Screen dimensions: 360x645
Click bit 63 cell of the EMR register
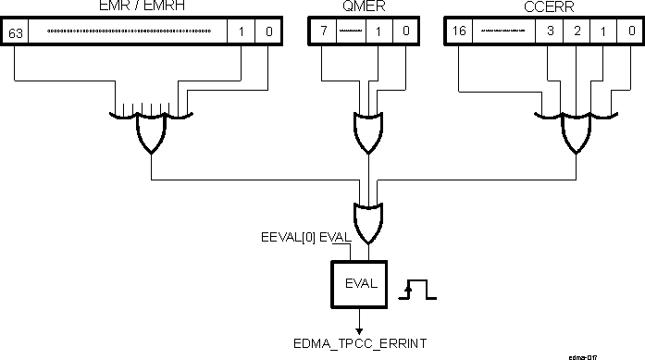17,32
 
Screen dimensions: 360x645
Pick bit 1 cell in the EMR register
241,32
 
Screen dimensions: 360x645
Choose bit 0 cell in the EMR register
267,32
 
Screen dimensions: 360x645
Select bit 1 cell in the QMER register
381,32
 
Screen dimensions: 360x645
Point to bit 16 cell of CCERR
459,32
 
